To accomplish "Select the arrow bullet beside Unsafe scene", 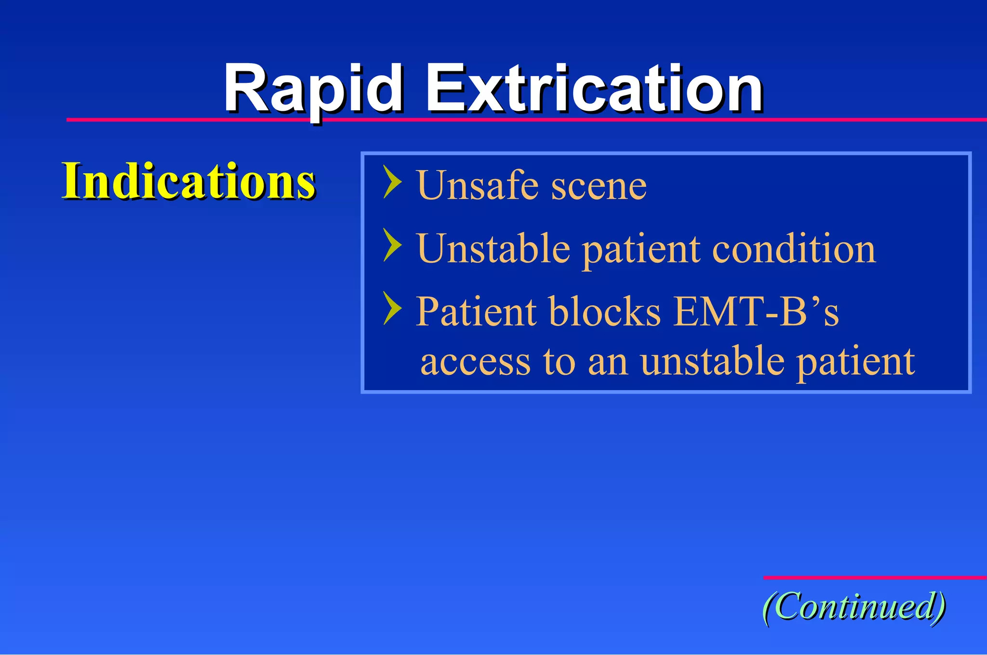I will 392,182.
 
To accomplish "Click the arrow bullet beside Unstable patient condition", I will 392,245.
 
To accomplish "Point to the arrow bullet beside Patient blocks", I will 392,308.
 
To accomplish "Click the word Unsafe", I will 477,185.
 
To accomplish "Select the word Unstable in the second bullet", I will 493,249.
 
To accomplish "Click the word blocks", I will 604,312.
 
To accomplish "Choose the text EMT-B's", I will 756,312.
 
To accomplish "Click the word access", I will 475,362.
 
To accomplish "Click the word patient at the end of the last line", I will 855,362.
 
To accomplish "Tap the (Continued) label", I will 854,606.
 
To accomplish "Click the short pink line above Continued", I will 875,577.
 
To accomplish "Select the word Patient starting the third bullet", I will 476,312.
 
